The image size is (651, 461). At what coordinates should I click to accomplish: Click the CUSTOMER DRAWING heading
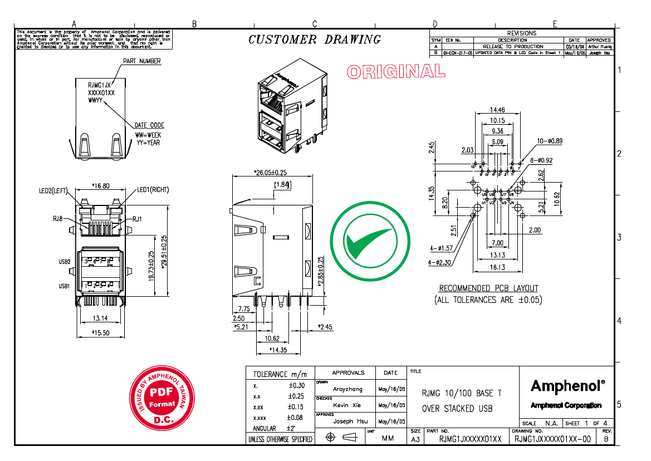coord(315,40)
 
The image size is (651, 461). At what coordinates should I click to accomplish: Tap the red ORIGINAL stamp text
coord(395,71)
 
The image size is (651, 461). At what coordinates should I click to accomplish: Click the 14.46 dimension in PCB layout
coord(497,110)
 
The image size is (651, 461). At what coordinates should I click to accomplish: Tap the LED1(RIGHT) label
coord(153,190)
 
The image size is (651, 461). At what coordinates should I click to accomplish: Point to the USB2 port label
coord(64,262)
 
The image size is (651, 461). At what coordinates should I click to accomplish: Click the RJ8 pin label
coord(58,219)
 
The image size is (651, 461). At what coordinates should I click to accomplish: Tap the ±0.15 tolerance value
coord(295,407)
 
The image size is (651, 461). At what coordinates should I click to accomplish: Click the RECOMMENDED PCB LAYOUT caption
coord(488,288)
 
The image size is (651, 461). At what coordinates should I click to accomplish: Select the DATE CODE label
coord(149,125)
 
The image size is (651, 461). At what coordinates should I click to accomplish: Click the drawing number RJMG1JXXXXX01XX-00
coord(552,439)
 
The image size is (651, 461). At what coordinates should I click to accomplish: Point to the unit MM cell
coord(388,439)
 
